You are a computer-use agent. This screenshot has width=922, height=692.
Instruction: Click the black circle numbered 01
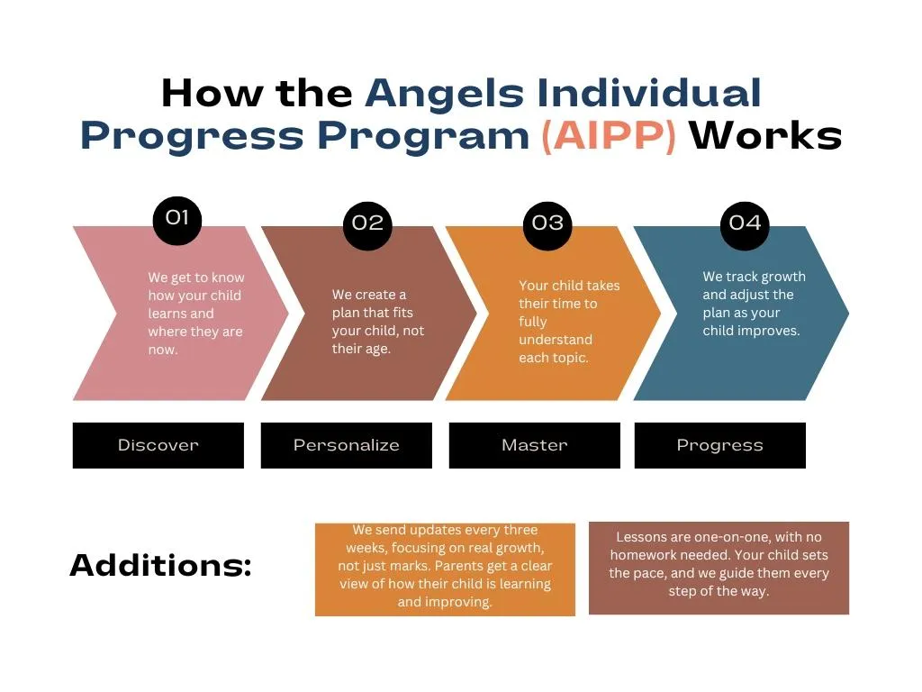pyautogui.click(x=177, y=220)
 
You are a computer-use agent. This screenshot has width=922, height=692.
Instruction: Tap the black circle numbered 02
pyautogui.click(x=367, y=226)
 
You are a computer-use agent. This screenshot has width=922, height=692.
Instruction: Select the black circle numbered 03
pyautogui.click(x=547, y=226)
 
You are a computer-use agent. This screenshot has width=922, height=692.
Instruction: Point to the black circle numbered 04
pyautogui.click(x=745, y=226)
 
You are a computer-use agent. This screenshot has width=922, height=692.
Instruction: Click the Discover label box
pyautogui.click(x=158, y=445)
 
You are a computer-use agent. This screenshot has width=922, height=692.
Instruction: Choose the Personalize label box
pyautogui.click(x=347, y=445)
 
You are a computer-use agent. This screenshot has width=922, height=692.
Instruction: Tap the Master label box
pyautogui.click(x=535, y=445)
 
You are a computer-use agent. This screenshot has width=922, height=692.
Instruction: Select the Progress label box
pyautogui.click(x=719, y=445)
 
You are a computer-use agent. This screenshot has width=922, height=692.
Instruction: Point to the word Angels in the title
pyautogui.click(x=445, y=95)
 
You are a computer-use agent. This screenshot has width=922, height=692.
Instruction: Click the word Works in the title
pyautogui.click(x=765, y=135)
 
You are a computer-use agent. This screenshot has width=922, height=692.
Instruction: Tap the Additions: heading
pyautogui.click(x=160, y=565)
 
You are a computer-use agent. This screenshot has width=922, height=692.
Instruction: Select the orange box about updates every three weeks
pyautogui.click(x=445, y=569)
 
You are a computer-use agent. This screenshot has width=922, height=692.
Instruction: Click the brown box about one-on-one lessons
pyautogui.click(x=719, y=568)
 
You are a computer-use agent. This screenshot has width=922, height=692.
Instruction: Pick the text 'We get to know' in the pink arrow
pyautogui.click(x=195, y=278)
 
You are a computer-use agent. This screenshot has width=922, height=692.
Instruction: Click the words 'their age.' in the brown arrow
pyautogui.click(x=361, y=349)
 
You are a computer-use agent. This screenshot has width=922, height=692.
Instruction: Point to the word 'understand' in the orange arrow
pyautogui.click(x=556, y=340)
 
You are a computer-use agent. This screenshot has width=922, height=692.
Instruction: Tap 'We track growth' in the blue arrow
pyautogui.click(x=754, y=277)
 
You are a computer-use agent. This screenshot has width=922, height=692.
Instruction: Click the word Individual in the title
pyautogui.click(x=649, y=93)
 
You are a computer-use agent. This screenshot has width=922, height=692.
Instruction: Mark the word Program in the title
pyautogui.click(x=423, y=138)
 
